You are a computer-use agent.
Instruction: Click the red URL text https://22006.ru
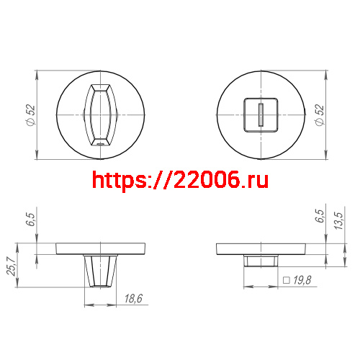[x=181, y=179]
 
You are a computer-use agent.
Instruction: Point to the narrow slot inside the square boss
[x=260, y=114]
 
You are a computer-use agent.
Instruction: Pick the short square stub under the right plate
[x=260, y=260]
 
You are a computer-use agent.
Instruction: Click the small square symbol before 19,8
[x=286, y=281]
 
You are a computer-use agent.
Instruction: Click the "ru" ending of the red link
[x=257, y=179]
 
